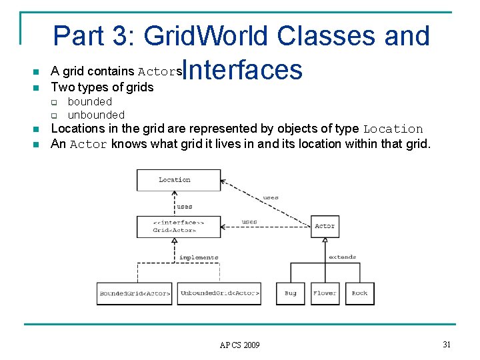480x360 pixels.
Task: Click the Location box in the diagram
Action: [x=178, y=180]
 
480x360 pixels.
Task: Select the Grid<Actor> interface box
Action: [x=178, y=226]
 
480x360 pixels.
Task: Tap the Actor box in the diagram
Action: [x=325, y=226]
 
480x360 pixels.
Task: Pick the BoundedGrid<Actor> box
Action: [x=135, y=293]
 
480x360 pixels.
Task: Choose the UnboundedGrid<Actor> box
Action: [x=219, y=293]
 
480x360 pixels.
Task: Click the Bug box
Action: [x=291, y=293]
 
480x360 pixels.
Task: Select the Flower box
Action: [x=325, y=293]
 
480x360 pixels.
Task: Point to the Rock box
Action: [x=359, y=293]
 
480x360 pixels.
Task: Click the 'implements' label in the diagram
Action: [x=198, y=257]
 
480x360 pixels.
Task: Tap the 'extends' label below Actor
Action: [x=342, y=257]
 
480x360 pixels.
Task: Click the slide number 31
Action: [x=447, y=343]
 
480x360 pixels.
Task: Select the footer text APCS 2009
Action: [x=239, y=345]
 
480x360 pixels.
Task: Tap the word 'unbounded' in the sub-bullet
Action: [x=96, y=115]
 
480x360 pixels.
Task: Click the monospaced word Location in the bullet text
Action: [x=393, y=129]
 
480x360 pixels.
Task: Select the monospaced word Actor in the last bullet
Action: [x=88, y=144]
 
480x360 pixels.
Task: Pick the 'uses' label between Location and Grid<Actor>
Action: [x=184, y=207]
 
